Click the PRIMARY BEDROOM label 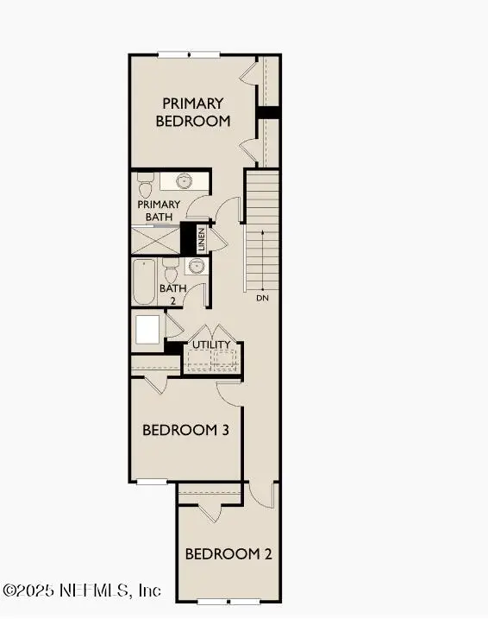click(x=193, y=112)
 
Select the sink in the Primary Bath click(x=184, y=181)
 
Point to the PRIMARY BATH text click(x=159, y=211)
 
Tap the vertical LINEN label click(x=201, y=238)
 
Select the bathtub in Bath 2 click(x=143, y=281)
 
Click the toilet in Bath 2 click(x=170, y=267)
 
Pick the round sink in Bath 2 click(x=196, y=266)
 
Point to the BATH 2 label click(x=172, y=294)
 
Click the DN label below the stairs click(x=262, y=299)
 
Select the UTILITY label click(x=211, y=345)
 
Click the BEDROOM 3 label click(x=185, y=430)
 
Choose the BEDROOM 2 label click(x=229, y=553)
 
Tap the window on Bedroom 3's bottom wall click(x=151, y=482)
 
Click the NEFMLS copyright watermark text click(x=82, y=591)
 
